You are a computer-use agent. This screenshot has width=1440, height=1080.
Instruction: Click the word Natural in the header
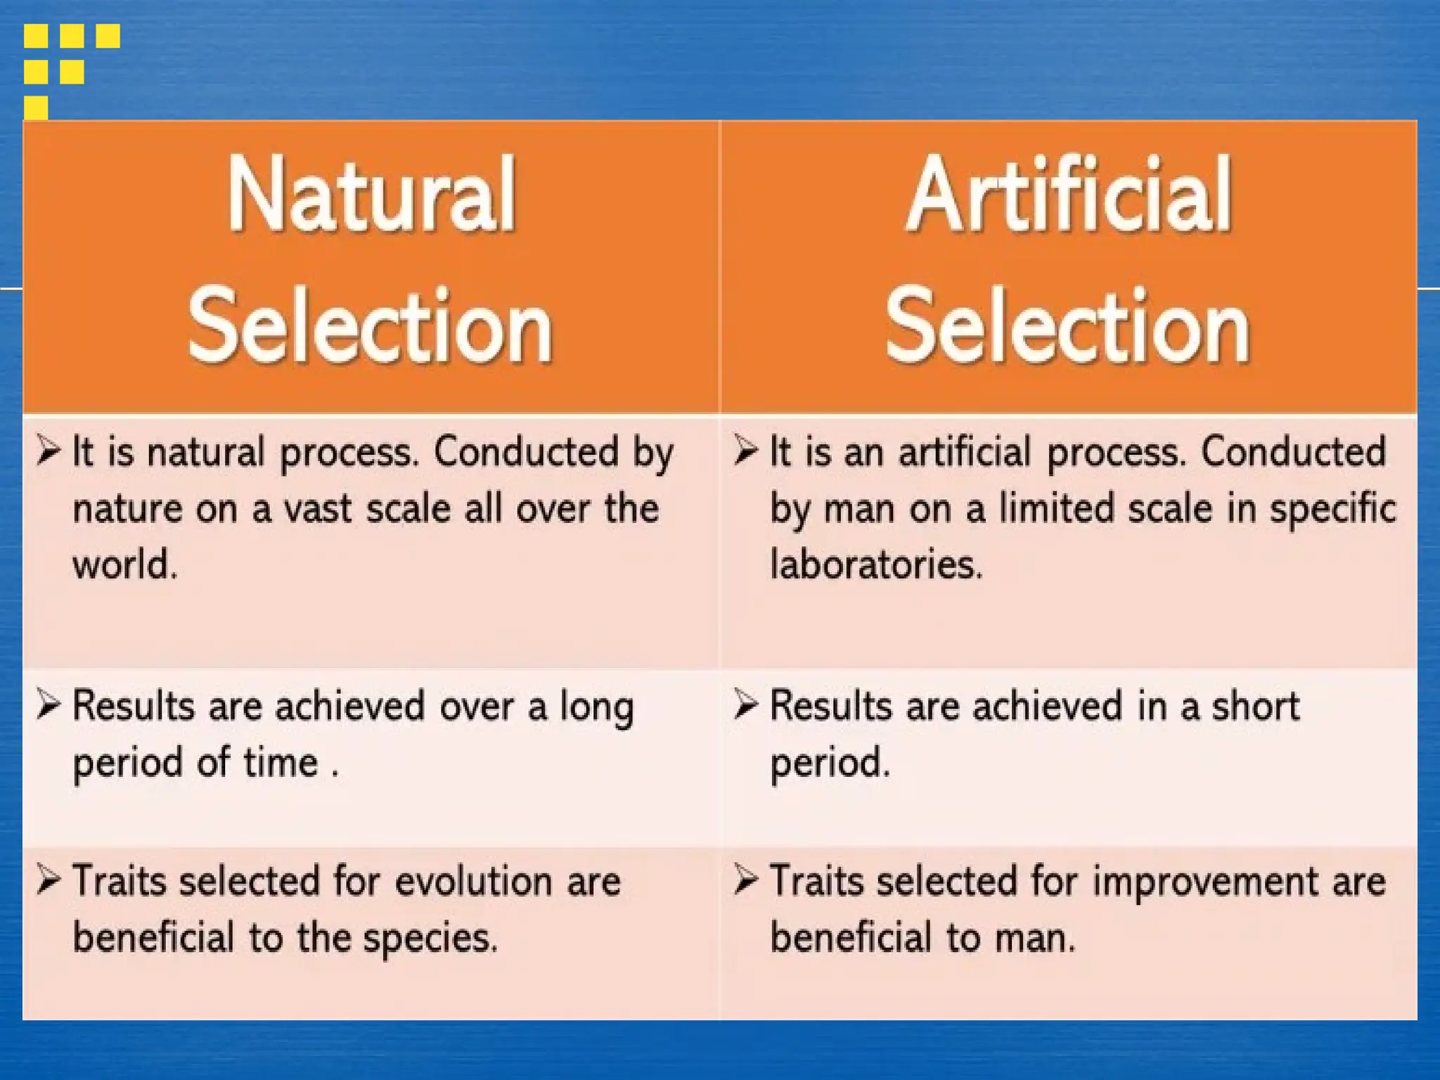[371, 194]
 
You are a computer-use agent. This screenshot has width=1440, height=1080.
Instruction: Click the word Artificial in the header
[1069, 194]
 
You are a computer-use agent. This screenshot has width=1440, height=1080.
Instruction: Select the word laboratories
[876, 565]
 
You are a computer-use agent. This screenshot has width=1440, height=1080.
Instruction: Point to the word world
[124, 565]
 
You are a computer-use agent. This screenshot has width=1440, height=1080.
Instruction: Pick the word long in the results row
[597, 707]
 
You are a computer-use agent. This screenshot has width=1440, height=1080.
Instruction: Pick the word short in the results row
[1255, 706]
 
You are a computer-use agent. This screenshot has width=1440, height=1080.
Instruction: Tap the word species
[430, 939]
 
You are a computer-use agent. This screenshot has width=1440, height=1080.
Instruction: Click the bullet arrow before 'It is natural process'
[49, 450]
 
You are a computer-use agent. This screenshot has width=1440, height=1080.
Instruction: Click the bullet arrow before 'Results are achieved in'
[745, 705]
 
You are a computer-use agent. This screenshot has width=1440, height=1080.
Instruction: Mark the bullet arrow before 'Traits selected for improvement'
[745, 880]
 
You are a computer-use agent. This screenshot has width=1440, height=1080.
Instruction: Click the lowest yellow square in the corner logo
[36, 108]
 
